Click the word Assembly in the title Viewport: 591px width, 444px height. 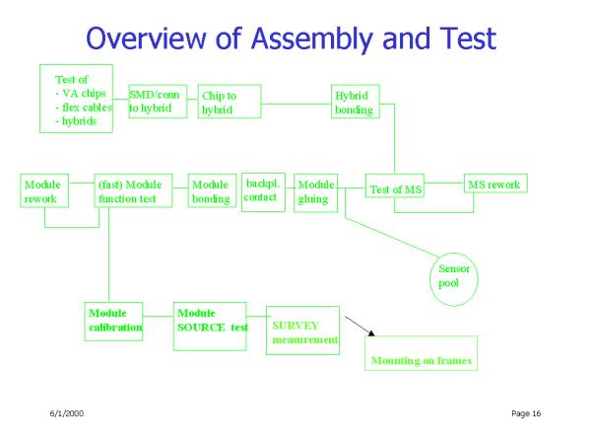312,39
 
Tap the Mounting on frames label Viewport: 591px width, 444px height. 422,361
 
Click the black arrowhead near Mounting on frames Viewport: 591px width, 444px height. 371,333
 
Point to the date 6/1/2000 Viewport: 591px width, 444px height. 67,413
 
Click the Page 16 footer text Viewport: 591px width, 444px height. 526,413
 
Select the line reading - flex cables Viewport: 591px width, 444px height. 84,108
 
